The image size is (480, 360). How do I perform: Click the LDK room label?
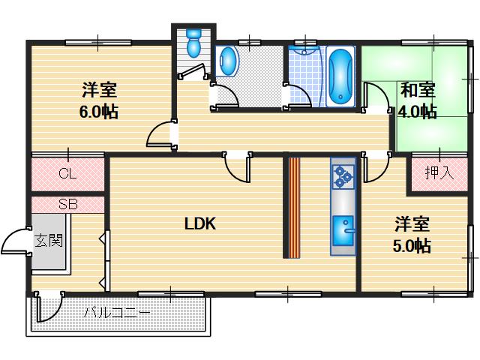[200, 223]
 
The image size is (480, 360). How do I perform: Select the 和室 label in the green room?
[418, 91]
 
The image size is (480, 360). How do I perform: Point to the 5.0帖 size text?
[412, 245]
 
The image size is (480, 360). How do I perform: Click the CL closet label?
[67, 174]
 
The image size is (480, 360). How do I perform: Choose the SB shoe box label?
[67, 204]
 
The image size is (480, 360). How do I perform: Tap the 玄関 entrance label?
[48, 241]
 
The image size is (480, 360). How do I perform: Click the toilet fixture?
[194, 43]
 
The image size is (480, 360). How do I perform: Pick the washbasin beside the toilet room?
[227, 61]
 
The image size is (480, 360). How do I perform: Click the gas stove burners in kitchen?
[343, 175]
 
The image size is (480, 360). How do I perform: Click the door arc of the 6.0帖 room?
[158, 136]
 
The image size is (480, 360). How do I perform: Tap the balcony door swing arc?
[48, 307]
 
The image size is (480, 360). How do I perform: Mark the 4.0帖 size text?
[417, 112]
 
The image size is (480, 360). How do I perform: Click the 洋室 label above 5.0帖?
[412, 224]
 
